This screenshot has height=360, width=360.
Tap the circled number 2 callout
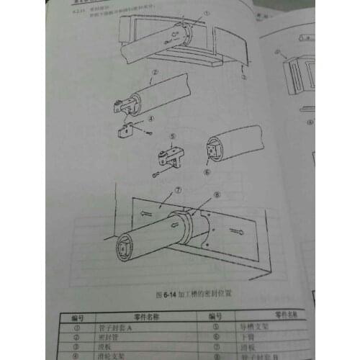click(x=154, y=73)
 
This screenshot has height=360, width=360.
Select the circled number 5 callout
click(x=173, y=136)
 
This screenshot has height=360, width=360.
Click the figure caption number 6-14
click(x=170, y=295)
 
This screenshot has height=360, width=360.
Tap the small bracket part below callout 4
click(x=130, y=130)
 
